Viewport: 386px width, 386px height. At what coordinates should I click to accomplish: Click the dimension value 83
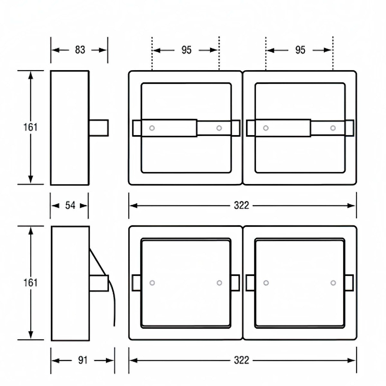click(x=80, y=50)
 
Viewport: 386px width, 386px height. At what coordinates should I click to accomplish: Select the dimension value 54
click(x=70, y=205)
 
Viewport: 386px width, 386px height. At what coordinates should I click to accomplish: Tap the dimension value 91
click(x=83, y=360)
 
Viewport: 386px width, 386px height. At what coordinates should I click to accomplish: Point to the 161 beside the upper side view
click(x=30, y=127)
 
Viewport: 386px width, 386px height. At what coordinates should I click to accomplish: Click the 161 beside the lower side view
click(x=30, y=282)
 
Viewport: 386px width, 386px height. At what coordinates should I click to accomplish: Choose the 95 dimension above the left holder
click(x=186, y=50)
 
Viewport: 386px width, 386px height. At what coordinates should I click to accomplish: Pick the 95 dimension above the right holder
click(x=300, y=50)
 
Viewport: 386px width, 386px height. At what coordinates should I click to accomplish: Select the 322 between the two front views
click(x=242, y=205)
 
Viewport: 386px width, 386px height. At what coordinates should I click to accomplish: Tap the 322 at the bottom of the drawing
click(x=242, y=360)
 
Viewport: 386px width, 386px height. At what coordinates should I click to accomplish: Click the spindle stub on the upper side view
click(x=99, y=128)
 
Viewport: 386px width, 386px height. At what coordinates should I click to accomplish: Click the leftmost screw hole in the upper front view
click(x=152, y=128)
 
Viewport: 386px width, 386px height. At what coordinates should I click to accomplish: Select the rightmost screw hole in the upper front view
click(x=333, y=128)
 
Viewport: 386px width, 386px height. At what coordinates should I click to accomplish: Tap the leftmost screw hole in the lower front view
click(x=152, y=283)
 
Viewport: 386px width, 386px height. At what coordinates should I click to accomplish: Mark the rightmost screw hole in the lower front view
click(x=333, y=283)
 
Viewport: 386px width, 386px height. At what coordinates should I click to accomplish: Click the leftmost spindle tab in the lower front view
click(x=136, y=283)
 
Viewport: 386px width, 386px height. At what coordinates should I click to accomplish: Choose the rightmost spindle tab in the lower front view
click(x=349, y=283)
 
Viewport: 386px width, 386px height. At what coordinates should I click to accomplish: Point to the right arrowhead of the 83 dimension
click(x=103, y=50)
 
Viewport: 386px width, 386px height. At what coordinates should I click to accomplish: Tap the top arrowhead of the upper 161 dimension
click(x=31, y=75)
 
